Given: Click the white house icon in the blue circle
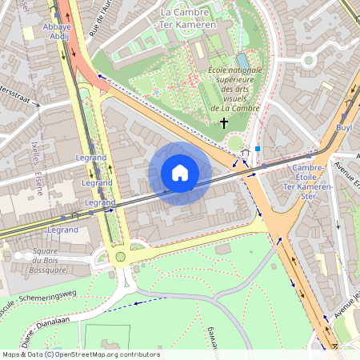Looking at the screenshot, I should [180, 173].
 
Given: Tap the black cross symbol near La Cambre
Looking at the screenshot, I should [224, 123].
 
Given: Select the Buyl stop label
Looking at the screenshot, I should [344, 127].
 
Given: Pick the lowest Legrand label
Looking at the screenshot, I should [62, 230].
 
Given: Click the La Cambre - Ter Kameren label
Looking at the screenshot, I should [188, 18].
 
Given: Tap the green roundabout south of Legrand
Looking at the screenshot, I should [120, 257].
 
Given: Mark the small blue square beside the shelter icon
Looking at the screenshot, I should [258, 149].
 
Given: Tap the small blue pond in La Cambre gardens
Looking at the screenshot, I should [242, 60].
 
